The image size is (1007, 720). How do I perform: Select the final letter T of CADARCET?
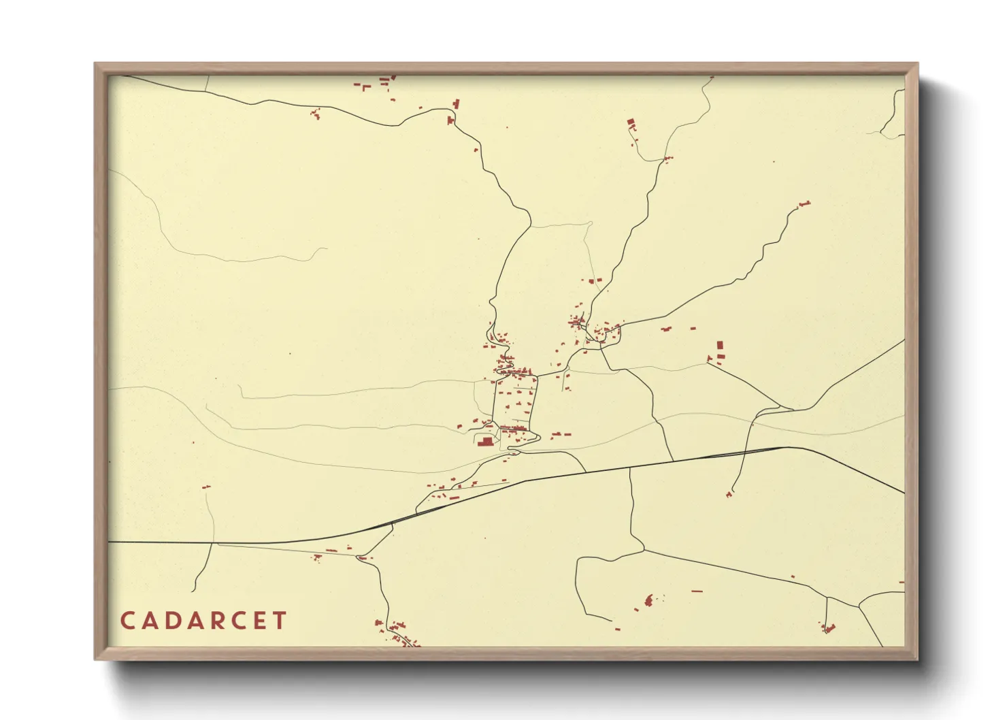278,621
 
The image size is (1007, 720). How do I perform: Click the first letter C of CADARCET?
127,621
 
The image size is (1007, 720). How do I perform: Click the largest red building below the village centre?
486,442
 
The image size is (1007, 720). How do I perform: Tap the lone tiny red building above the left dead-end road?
206,487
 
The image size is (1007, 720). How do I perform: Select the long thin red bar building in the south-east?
696,591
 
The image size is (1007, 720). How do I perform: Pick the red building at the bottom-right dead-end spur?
828,628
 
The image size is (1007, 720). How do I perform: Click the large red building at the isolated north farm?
631,123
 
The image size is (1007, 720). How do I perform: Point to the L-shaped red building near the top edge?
365,86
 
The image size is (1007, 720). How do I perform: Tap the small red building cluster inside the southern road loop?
649,600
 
